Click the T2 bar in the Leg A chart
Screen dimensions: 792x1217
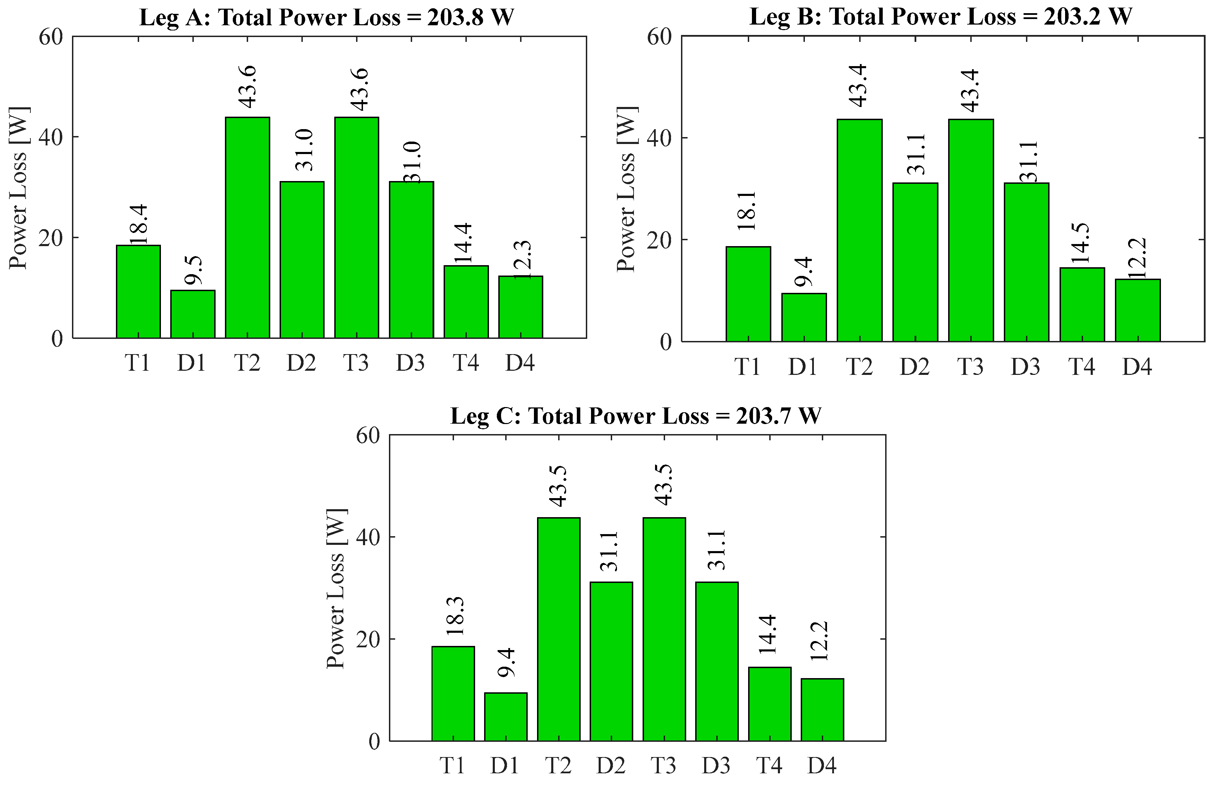click(x=247, y=228)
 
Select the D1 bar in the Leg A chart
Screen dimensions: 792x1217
click(x=193, y=314)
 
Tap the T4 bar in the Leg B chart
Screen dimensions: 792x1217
click(x=1082, y=304)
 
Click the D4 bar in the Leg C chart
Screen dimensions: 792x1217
click(x=822, y=710)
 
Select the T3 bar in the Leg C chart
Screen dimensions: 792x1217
click(x=664, y=629)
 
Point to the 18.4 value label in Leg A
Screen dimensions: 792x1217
click(x=138, y=224)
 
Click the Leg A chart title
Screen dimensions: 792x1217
click(x=326, y=17)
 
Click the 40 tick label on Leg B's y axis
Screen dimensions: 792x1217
click(x=659, y=138)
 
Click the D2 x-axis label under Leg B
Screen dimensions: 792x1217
click(x=914, y=366)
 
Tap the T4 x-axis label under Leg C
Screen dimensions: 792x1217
click(x=770, y=765)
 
